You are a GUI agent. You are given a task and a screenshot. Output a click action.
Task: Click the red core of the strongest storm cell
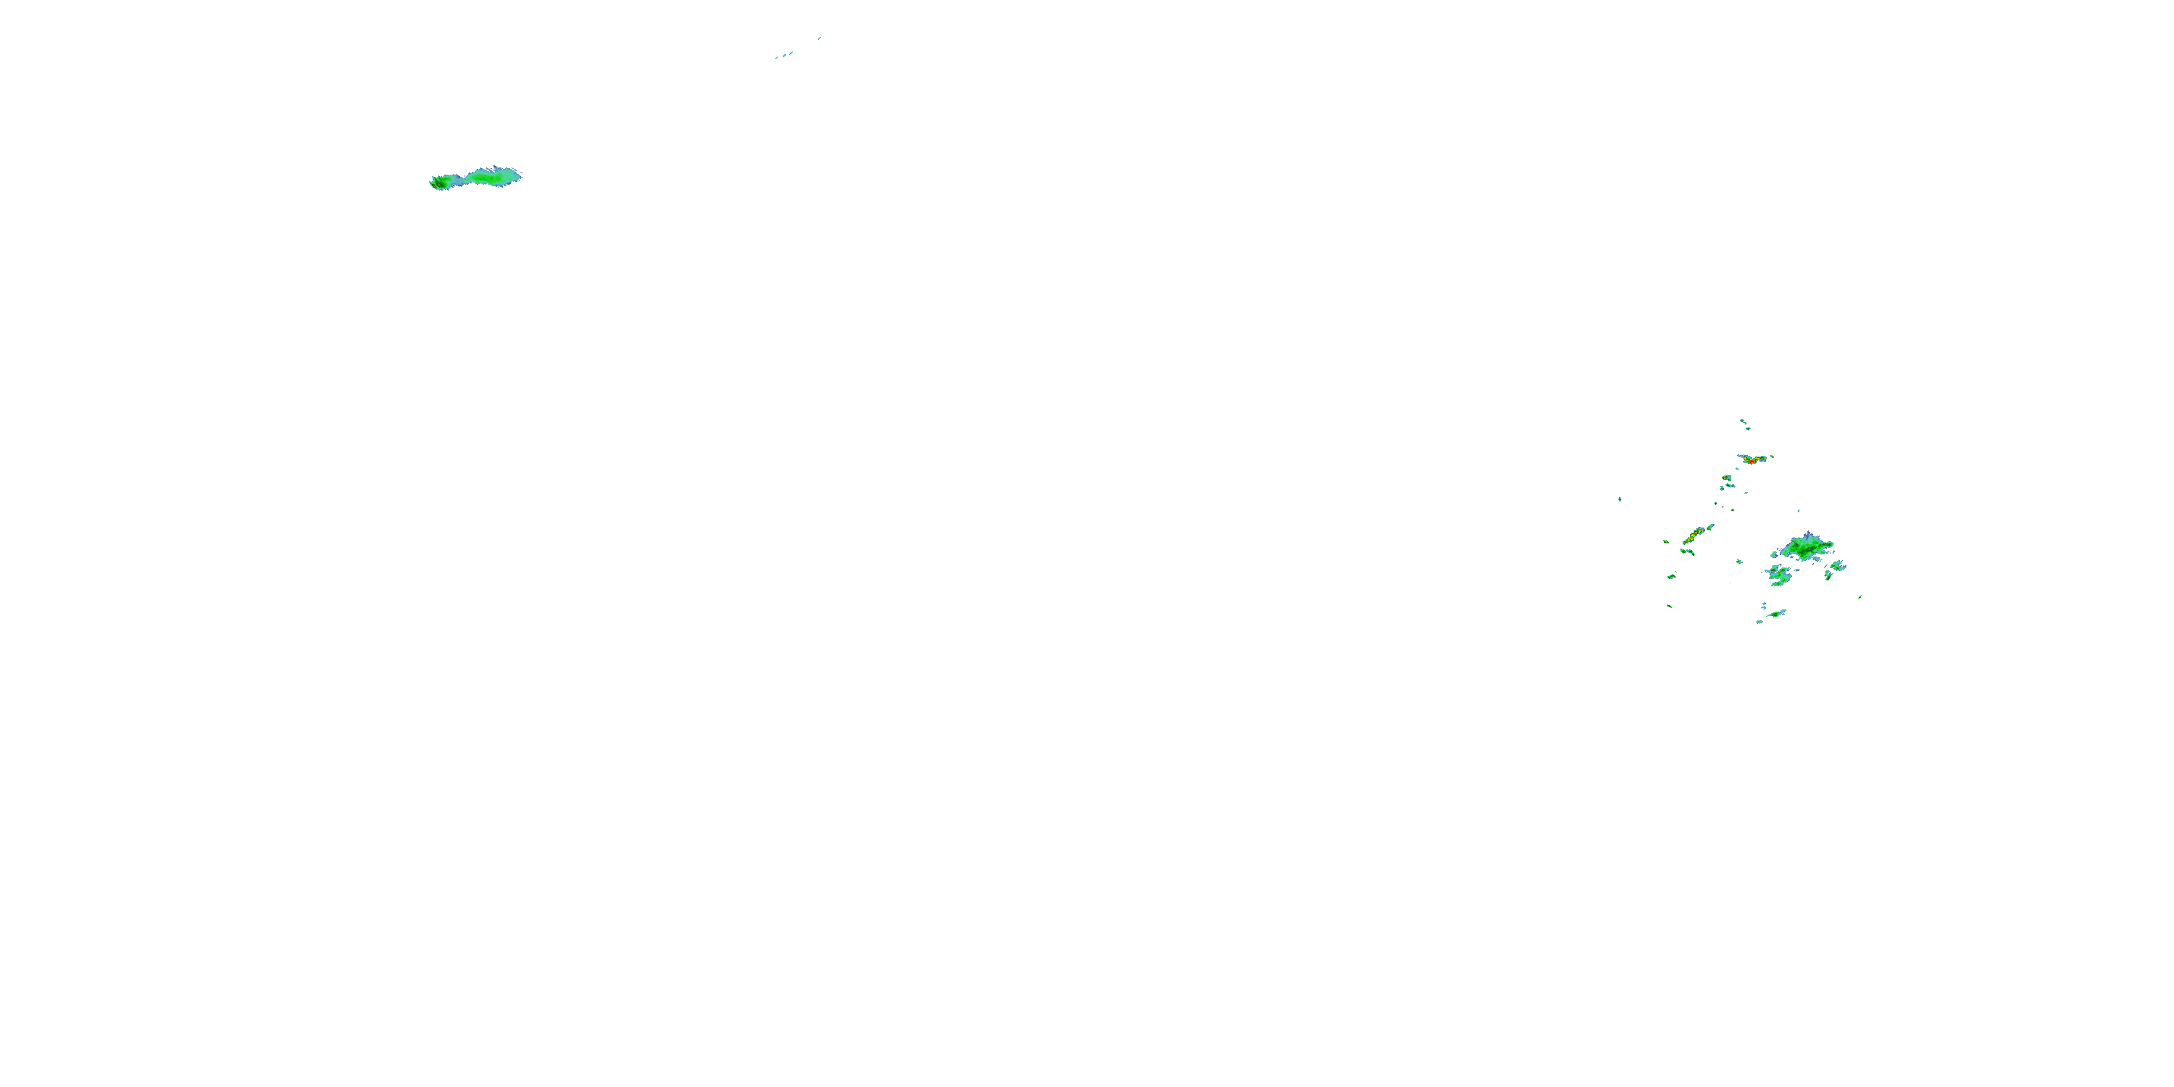tap(1753, 461)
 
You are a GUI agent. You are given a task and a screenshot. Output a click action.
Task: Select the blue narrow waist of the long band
tap(458, 180)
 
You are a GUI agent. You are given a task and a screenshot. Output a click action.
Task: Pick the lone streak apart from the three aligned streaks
tap(819, 38)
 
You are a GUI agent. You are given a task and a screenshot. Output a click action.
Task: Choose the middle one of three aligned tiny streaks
tap(784, 55)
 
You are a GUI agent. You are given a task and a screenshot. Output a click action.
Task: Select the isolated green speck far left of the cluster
tap(1620, 499)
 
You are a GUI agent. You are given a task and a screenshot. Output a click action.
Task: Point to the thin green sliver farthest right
tap(1860, 596)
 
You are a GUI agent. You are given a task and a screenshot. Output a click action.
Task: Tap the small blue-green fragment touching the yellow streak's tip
tap(1711, 526)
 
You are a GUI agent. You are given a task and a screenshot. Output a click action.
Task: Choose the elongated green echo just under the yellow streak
tap(1687, 552)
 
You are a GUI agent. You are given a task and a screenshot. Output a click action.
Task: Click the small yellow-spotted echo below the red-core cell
tap(1727, 478)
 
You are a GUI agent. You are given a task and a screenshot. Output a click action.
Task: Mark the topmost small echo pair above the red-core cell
tap(1744, 422)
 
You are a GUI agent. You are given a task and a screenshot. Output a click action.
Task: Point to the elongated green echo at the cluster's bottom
tap(1776, 614)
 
